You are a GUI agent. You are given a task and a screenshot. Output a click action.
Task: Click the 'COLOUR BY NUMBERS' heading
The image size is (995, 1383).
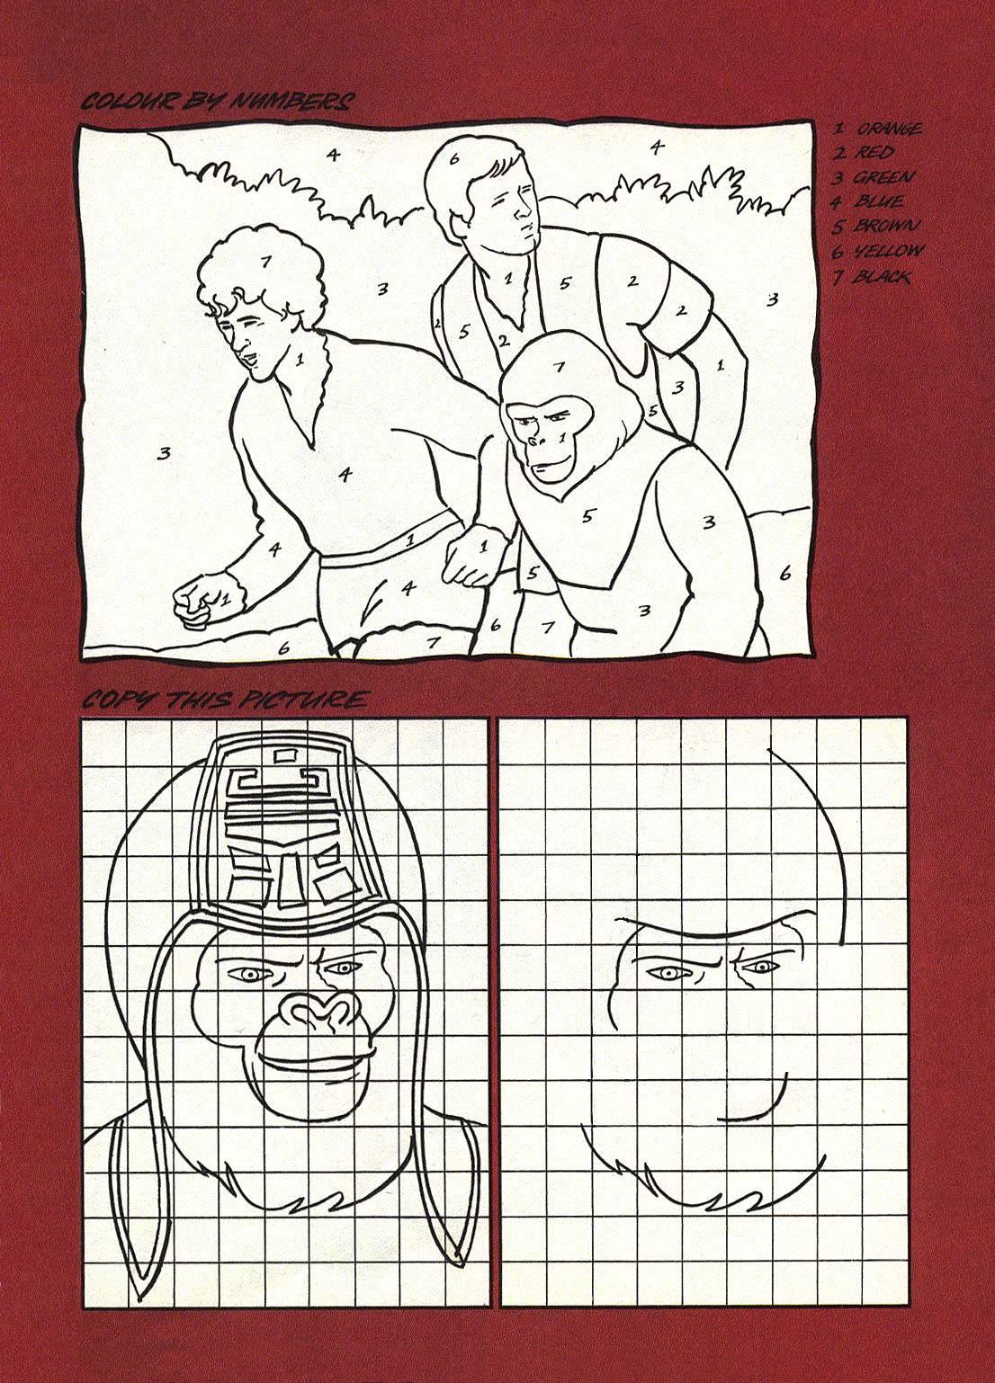[x=218, y=102]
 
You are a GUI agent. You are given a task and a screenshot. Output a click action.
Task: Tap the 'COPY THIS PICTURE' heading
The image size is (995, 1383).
[x=226, y=700]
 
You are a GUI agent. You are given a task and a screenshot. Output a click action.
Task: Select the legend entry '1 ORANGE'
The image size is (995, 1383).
[x=876, y=129]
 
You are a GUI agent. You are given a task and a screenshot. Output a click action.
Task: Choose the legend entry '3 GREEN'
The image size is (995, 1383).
[x=872, y=178]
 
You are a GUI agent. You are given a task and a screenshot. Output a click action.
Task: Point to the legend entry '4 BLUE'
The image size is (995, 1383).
[x=867, y=202]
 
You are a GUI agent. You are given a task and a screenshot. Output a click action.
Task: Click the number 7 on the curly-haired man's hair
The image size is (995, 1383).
[x=265, y=263]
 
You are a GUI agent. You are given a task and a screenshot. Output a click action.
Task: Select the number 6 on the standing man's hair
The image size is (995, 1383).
[x=454, y=158]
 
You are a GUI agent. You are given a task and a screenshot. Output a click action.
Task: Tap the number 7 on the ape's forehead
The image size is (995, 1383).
[x=559, y=368]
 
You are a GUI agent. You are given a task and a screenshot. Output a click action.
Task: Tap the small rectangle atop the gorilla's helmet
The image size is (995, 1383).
[x=287, y=754]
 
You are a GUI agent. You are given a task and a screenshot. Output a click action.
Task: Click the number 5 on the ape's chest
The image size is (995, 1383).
[x=587, y=515]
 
